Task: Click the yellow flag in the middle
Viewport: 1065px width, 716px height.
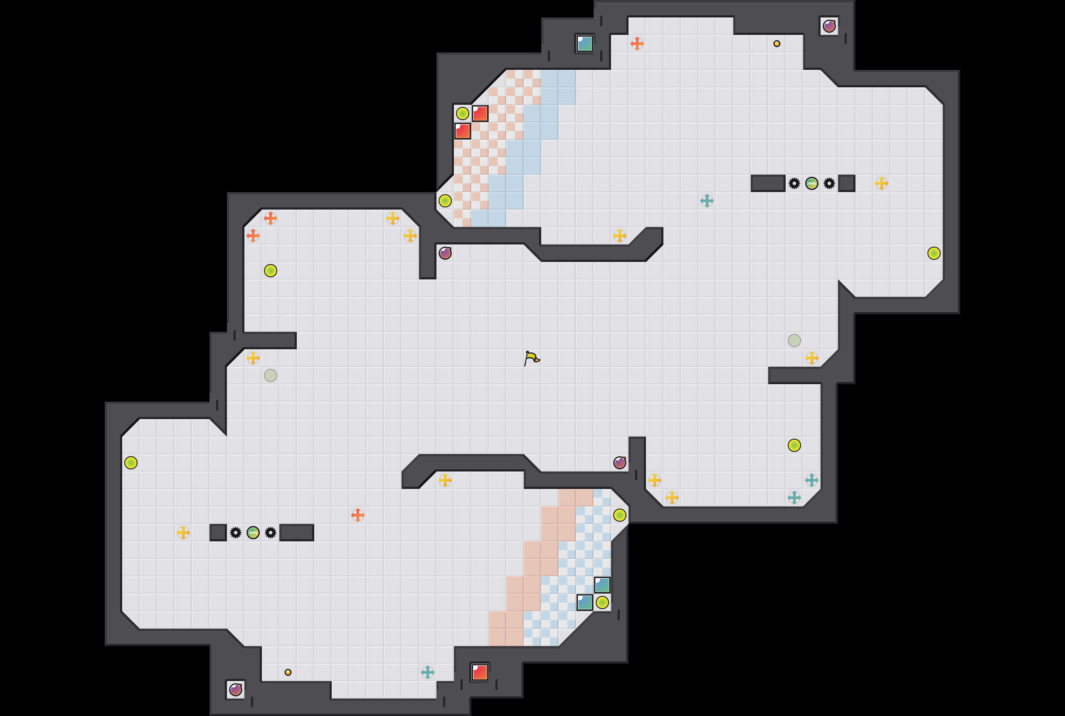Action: [531, 358]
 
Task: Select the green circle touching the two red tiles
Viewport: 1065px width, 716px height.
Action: [462, 113]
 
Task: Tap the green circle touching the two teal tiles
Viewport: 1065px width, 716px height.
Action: [602, 602]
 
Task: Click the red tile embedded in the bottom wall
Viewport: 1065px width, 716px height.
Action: [480, 672]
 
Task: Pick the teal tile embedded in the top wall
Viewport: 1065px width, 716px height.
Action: [585, 44]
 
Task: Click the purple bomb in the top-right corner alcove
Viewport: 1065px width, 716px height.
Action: [829, 27]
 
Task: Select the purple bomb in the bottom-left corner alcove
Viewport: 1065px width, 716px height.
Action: [236, 689]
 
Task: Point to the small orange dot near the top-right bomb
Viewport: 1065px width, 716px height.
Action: [776, 44]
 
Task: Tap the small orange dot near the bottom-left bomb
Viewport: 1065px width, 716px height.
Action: [288, 672]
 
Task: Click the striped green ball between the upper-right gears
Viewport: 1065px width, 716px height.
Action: [812, 183]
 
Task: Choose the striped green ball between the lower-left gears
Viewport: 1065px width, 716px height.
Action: [253, 533]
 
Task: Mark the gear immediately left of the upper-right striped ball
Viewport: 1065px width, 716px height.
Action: [794, 183]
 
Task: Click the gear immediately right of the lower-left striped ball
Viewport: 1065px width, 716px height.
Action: [271, 533]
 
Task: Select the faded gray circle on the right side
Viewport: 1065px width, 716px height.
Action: [794, 341]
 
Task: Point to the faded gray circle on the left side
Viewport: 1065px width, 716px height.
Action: [271, 375]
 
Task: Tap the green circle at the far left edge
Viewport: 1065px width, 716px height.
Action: [131, 463]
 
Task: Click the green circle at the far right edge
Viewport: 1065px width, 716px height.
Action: [934, 253]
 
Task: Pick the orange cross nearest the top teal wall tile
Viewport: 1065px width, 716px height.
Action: [637, 44]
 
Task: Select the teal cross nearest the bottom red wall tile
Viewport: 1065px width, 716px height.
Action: [428, 672]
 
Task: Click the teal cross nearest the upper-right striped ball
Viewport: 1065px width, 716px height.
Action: [707, 201]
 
